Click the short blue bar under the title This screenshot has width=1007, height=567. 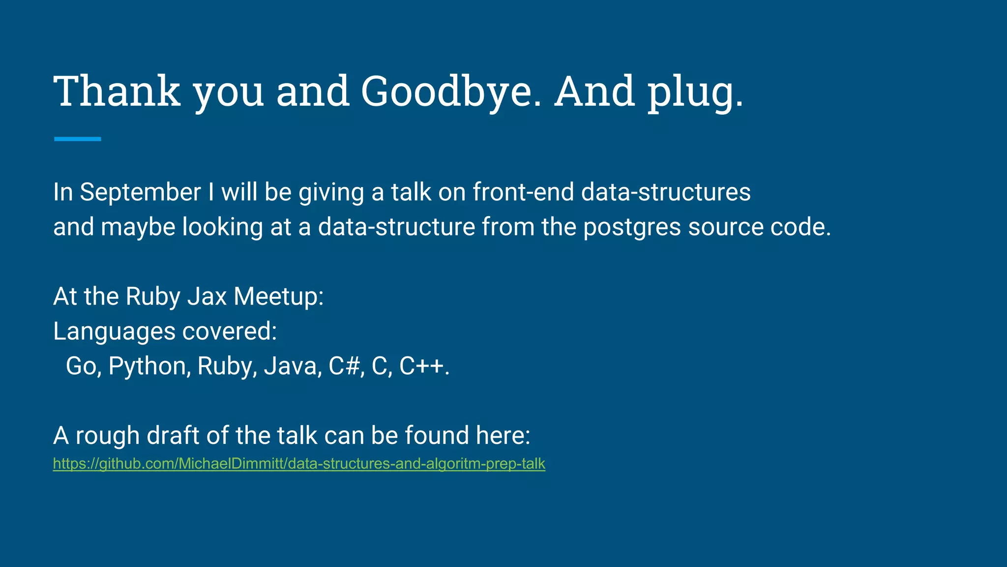(x=77, y=139)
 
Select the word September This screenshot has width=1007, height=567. (x=140, y=192)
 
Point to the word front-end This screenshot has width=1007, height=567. (x=523, y=192)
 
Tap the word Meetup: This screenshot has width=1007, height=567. (x=278, y=297)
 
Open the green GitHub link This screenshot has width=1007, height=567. (x=299, y=464)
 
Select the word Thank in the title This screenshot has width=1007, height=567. (x=117, y=92)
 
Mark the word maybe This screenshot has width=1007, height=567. (x=138, y=227)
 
